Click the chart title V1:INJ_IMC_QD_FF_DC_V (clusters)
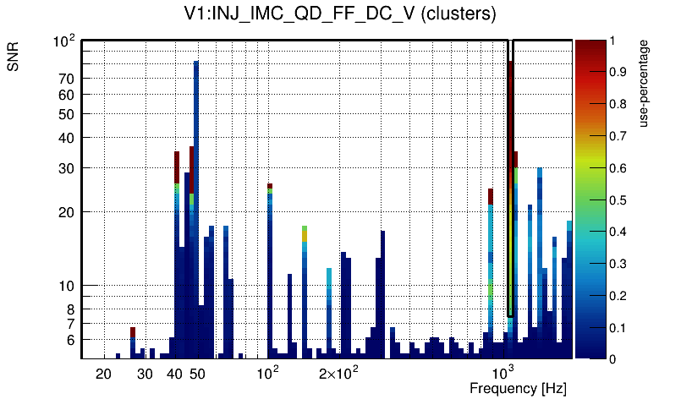[340, 14]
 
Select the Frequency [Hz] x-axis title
[518, 389]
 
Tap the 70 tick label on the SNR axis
[67, 79]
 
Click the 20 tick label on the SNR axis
[67, 212]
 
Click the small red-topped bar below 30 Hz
[133, 331]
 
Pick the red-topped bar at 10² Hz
[270, 186]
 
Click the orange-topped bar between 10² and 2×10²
[305, 232]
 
